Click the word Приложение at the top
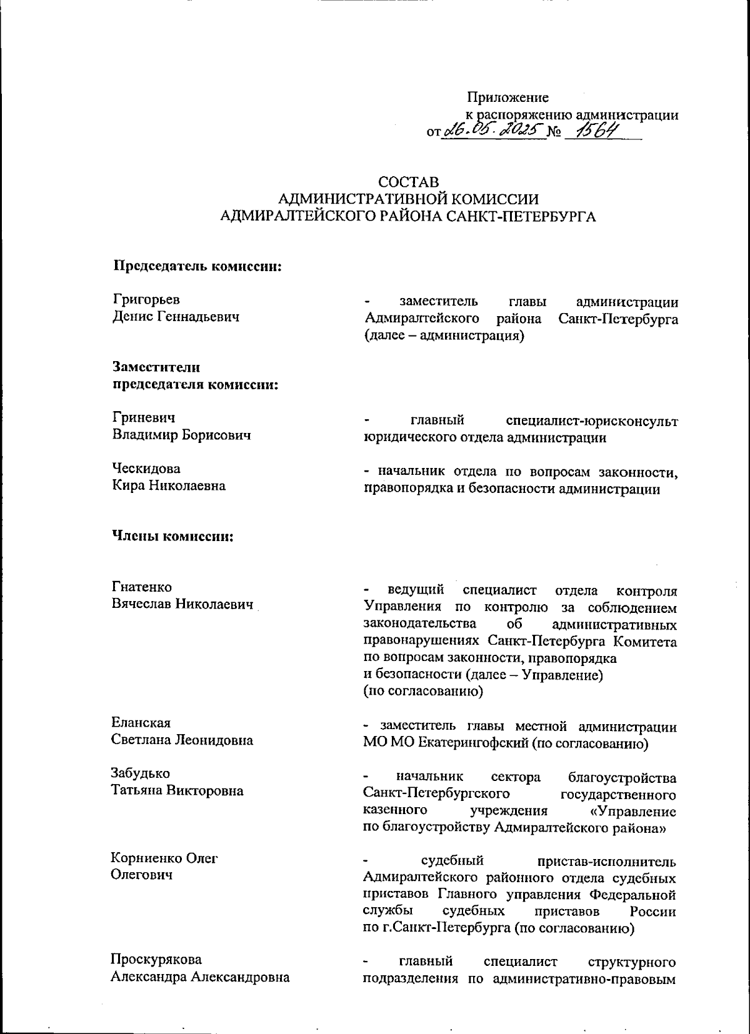tap(507, 97)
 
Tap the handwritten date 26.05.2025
tap(492, 131)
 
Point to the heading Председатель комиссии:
tap(196, 266)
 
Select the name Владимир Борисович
tap(181, 434)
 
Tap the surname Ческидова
tap(146, 468)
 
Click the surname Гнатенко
tap(142, 587)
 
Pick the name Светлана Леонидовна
tap(182, 740)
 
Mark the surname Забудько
tap(141, 773)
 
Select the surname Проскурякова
tap(156, 959)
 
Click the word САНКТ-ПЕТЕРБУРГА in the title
tap(523, 217)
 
